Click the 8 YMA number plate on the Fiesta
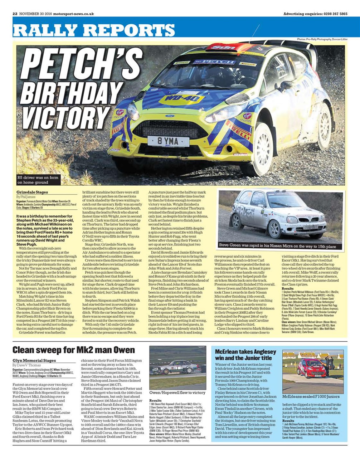click(168, 141)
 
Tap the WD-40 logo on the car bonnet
click(181, 99)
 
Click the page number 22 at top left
click(15, 14)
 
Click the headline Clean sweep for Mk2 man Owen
click(74, 350)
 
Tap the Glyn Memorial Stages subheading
click(34, 360)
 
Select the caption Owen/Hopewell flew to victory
click(177, 393)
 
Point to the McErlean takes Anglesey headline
click(245, 355)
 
